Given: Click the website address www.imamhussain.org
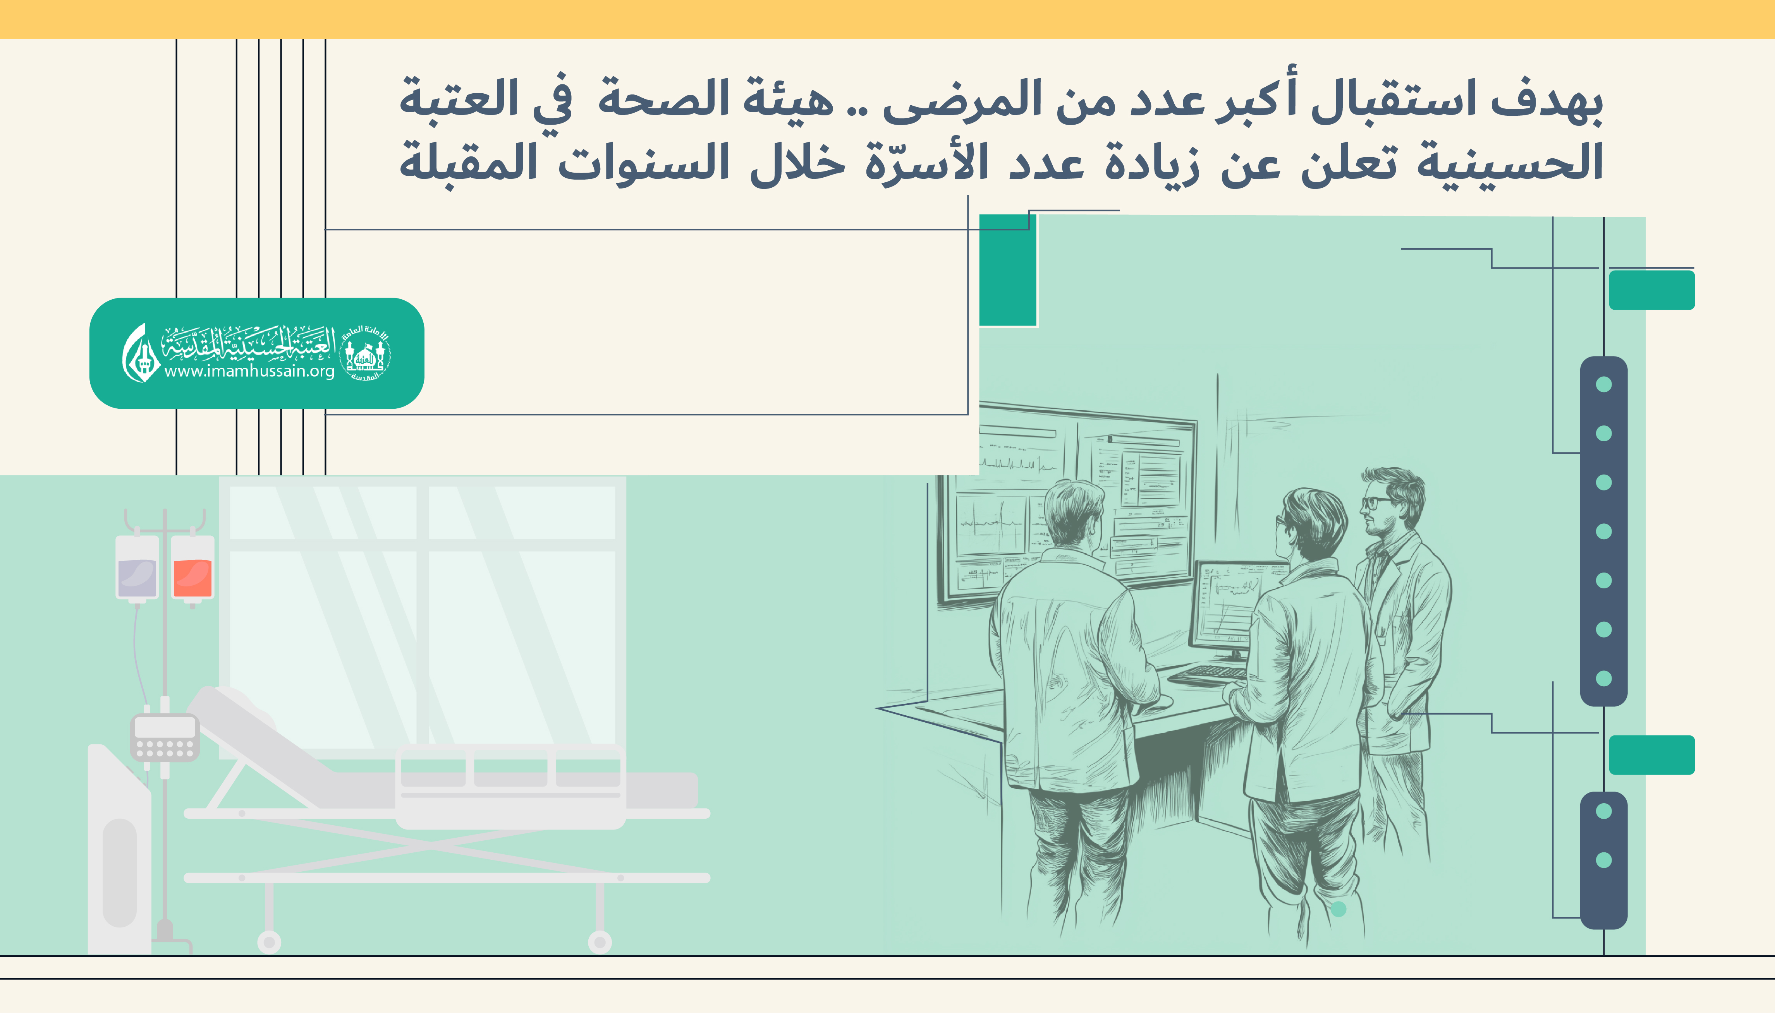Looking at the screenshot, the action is pos(249,371).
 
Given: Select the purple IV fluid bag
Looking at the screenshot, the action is pos(137,567).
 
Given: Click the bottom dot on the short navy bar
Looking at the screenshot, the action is pos(1604,860).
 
